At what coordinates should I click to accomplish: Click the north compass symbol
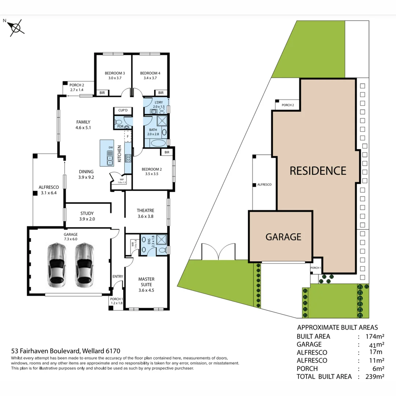pyautogui.click(x=15, y=28)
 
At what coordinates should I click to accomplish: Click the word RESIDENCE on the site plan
pyautogui.click(x=318, y=171)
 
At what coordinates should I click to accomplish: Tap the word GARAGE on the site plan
pyautogui.click(x=283, y=236)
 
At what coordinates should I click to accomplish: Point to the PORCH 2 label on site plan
pyautogui.click(x=288, y=105)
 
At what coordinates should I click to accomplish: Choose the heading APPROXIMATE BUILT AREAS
pyautogui.click(x=337, y=327)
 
